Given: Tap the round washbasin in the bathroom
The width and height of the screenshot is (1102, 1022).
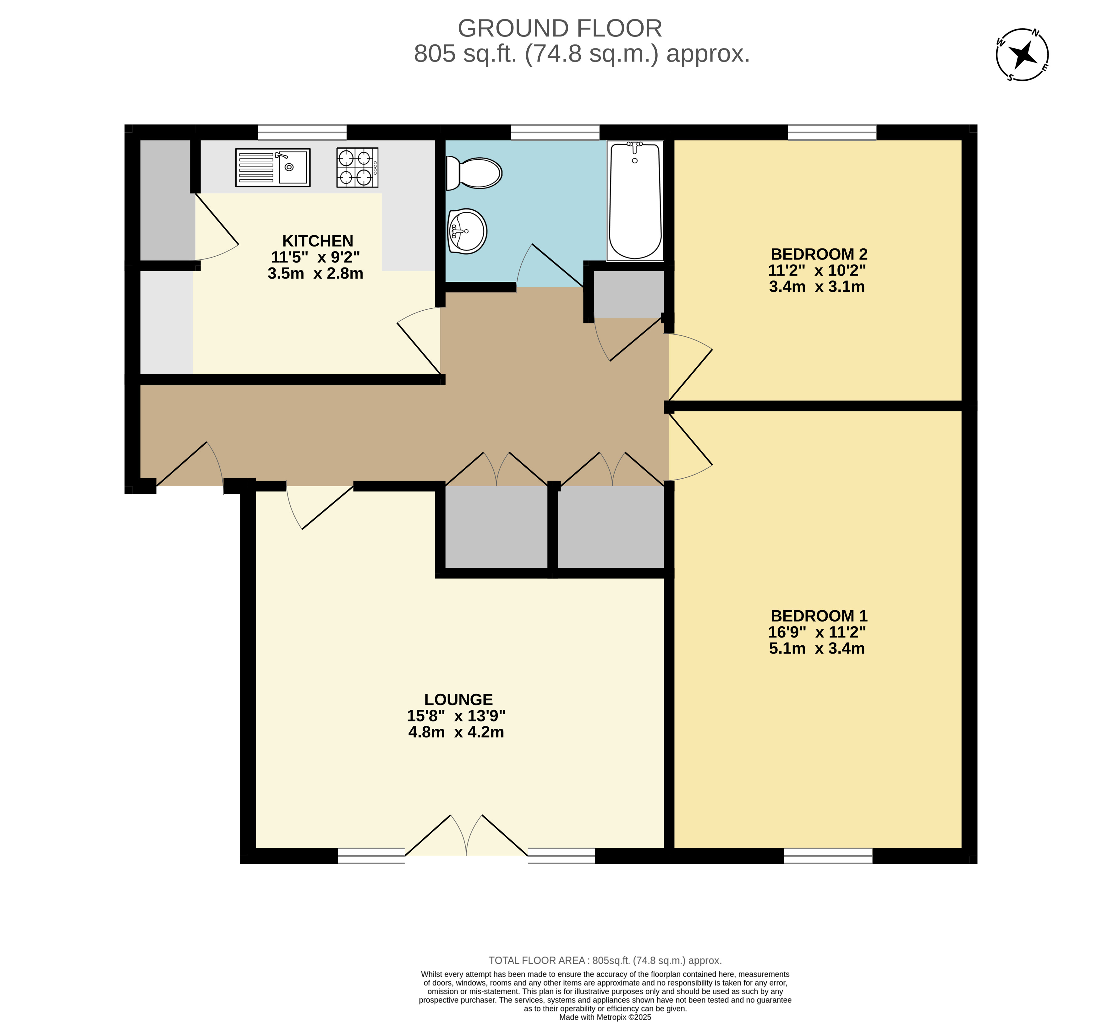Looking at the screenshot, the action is pos(467,231).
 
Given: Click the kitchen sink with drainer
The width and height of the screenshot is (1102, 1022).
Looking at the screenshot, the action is pos(273,167).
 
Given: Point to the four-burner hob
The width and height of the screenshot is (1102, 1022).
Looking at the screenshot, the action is pos(357,167).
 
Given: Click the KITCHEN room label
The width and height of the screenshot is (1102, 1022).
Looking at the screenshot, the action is pos(318,241).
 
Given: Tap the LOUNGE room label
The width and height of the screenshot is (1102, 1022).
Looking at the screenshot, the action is pos(458,699).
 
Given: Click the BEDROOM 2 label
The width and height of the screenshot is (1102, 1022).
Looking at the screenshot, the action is pos(819,254).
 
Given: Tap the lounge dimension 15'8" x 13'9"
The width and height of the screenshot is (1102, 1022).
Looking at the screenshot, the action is pos(456,716).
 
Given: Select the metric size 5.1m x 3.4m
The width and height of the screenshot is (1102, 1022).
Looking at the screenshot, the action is pos(817,649).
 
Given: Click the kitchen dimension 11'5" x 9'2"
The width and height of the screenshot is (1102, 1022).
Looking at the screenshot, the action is pos(315,257).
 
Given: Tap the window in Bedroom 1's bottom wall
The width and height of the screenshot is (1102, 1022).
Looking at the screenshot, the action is pos(828,856).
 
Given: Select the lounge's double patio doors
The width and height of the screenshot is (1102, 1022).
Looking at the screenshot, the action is pos(466,836).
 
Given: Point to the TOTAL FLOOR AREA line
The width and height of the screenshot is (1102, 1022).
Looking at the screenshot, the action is pos(605,961).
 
